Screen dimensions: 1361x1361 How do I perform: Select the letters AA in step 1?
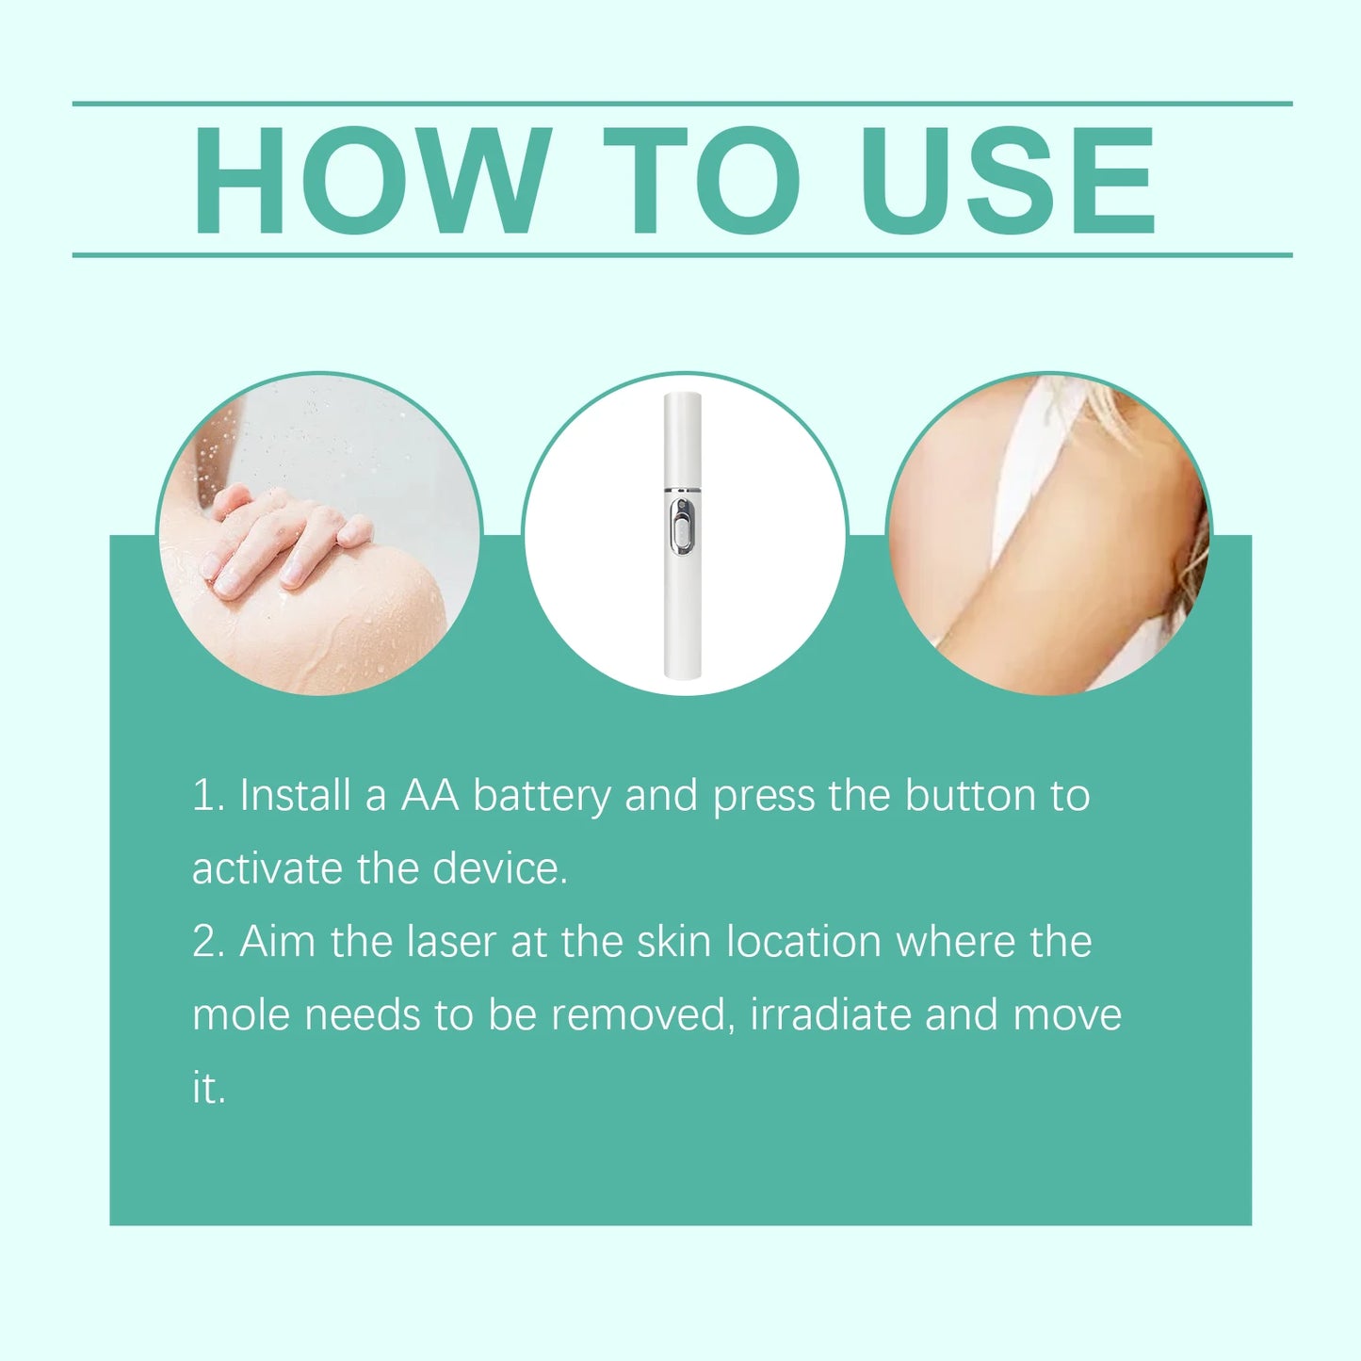(x=429, y=796)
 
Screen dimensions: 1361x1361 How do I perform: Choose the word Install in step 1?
(x=295, y=796)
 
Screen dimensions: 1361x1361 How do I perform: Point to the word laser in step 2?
(x=451, y=942)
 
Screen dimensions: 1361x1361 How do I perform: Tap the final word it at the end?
(x=207, y=1088)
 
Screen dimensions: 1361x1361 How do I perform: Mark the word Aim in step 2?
(x=277, y=942)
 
